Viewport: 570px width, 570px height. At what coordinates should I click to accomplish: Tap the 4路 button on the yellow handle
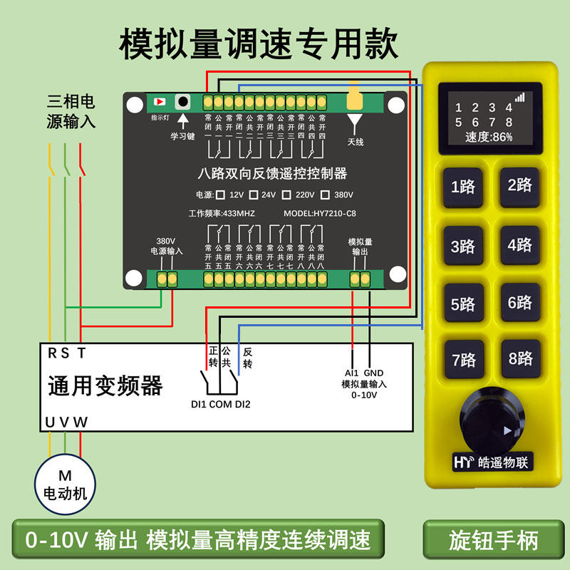pyautogui.click(x=519, y=245)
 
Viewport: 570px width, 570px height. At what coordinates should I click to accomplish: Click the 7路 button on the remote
pyautogui.click(x=463, y=360)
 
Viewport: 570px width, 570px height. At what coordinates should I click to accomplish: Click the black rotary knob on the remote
pyautogui.click(x=492, y=416)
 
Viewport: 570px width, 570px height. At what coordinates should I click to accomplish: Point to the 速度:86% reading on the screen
pyautogui.click(x=489, y=137)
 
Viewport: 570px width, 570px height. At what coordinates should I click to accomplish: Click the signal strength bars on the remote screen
pyautogui.click(x=519, y=96)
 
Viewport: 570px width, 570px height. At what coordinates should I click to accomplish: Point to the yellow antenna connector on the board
pyautogui.click(x=355, y=100)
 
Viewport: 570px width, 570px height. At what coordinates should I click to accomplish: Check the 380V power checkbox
pyautogui.click(x=326, y=195)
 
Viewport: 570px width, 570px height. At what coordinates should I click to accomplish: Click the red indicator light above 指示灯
pyautogui.click(x=159, y=102)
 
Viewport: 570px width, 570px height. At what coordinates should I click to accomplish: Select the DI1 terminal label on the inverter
pyautogui.click(x=198, y=405)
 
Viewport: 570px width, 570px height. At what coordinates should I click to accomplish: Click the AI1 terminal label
pyautogui.click(x=351, y=373)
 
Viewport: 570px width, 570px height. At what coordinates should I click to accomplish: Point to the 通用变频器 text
pyautogui.click(x=105, y=385)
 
